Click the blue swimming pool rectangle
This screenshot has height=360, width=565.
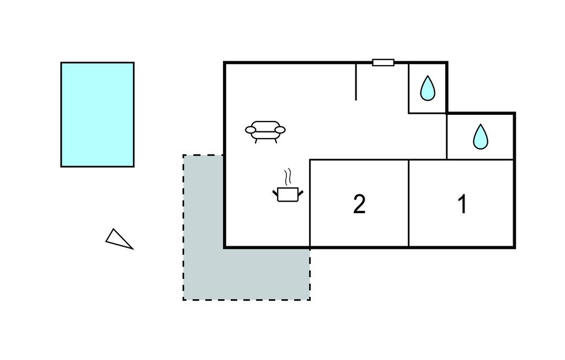[x=97, y=114]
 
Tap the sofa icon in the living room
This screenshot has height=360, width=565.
[x=265, y=130]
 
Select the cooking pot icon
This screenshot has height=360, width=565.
[x=288, y=194]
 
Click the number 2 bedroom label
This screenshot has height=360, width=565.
[x=359, y=204]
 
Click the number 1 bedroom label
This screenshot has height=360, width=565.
[x=462, y=204]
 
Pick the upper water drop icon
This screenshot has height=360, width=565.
[x=428, y=88]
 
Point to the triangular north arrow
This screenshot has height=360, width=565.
[x=119, y=239]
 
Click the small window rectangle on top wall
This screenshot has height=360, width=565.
[x=383, y=62]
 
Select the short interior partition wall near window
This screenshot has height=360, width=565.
[x=356, y=82]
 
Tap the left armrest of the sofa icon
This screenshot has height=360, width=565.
[x=250, y=130]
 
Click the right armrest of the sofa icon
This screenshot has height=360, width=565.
[x=280, y=130]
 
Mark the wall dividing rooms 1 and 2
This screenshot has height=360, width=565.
[x=409, y=203]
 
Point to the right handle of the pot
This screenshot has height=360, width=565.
[x=300, y=192]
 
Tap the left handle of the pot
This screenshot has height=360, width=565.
[x=275, y=192]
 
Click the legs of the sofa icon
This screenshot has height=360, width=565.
[x=265, y=140]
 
